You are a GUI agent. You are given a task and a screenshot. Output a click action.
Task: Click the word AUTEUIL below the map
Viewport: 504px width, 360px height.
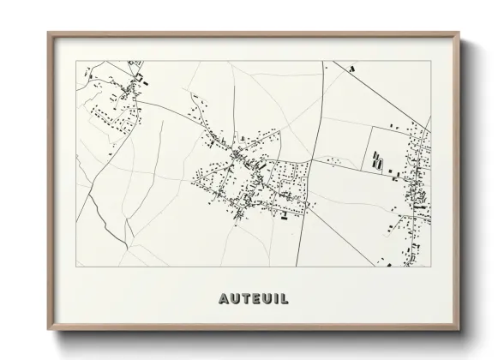point(253,299)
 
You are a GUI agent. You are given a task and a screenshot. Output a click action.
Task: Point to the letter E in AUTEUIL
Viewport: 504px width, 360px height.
point(255,299)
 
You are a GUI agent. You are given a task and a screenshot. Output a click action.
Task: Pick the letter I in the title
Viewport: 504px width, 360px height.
point(274,299)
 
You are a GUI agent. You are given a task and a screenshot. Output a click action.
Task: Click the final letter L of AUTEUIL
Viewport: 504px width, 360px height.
point(283,299)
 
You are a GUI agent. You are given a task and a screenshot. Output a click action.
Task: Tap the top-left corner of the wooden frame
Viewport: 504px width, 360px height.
point(49,33)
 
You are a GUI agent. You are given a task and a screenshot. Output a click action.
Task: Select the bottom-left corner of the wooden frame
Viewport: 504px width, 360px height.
point(49,330)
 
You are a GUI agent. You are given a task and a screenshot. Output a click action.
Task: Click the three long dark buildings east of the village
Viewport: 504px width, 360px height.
point(377,160)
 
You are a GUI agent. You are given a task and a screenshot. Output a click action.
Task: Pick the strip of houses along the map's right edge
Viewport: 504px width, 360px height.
point(418,189)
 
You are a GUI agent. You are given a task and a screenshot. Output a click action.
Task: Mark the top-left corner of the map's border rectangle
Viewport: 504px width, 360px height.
point(77,61)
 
